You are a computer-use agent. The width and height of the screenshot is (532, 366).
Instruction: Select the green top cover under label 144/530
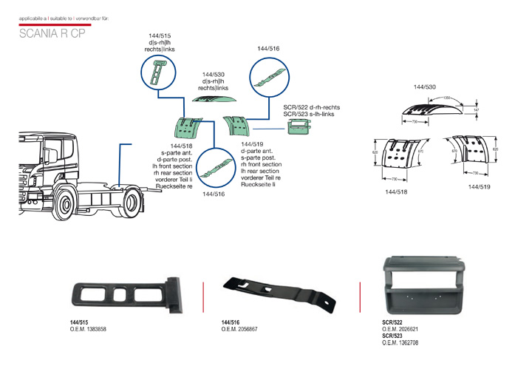click(x=213, y=98)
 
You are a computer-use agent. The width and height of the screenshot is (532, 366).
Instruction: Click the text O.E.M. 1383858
click(x=88, y=328)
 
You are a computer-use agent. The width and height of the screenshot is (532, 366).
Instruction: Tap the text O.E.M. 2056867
click(x=239, y=328)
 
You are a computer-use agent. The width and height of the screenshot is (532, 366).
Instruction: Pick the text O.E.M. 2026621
click(x=400, y=329)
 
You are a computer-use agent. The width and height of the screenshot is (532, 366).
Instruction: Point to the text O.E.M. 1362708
click(x=400, y=343)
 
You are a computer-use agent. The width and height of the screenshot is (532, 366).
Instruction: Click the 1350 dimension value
click(x=447, y=98)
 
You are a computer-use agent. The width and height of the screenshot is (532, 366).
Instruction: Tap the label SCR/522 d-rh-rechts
click(x=310, y=107)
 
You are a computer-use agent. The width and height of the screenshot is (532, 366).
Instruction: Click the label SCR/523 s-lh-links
click(x=310, y=114)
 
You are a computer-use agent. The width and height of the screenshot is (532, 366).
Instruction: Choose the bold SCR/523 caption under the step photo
click(x=392, y=336)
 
